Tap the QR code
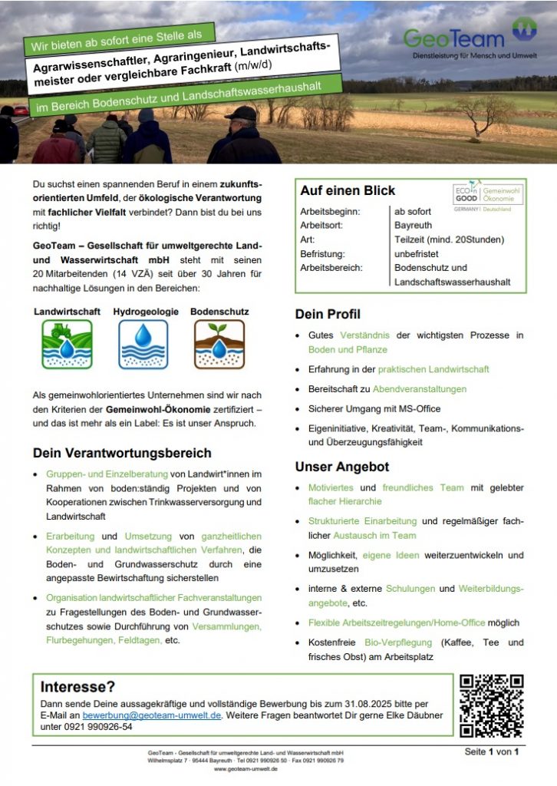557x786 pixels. (491, 705)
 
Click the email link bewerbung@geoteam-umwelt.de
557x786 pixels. (152, 715)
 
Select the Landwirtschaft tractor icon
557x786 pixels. (67, 344)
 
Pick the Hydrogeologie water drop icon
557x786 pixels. (143, 344)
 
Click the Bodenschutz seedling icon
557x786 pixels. (219, 344)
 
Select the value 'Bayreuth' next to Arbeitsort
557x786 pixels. (413, 226)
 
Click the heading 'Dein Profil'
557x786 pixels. (328, 314)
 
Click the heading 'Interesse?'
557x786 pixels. (77, 686)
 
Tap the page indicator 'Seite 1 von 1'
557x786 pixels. (492, 751)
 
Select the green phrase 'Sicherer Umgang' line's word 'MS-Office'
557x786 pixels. (419, 409)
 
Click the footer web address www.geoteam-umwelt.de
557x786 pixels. (246, 768)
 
